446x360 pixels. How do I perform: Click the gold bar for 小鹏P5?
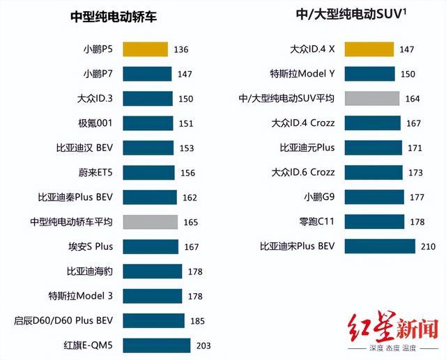146,49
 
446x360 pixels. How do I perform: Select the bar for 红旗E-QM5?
157,345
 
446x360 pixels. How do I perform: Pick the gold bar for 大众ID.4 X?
369,49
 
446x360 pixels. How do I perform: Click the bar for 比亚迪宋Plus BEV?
380,246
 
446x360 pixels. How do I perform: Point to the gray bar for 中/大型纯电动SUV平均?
371,98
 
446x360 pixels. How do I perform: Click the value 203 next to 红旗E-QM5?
203,345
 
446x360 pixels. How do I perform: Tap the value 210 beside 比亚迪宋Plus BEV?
427,246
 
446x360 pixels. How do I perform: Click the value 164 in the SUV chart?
413,98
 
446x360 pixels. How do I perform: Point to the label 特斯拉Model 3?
80,295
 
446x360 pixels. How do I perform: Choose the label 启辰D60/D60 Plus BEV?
63,320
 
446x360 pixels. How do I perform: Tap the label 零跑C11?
317,221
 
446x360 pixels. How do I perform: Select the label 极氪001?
96,123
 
